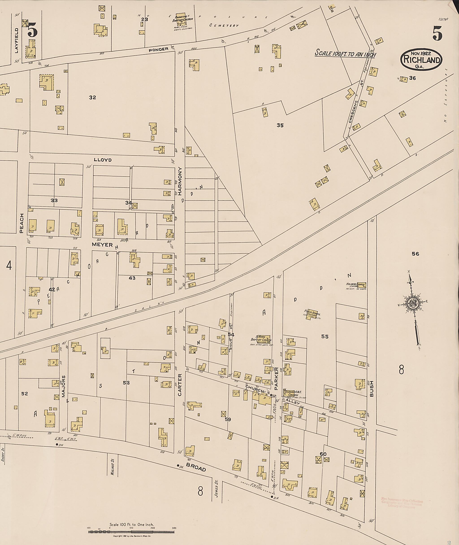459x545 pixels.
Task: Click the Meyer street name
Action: coord(102,245)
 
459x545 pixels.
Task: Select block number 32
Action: coord(92,97)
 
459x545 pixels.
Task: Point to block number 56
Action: coord(415,254)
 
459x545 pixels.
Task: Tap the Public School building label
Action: coord(312,314)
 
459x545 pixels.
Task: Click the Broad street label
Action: coord(196,468)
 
